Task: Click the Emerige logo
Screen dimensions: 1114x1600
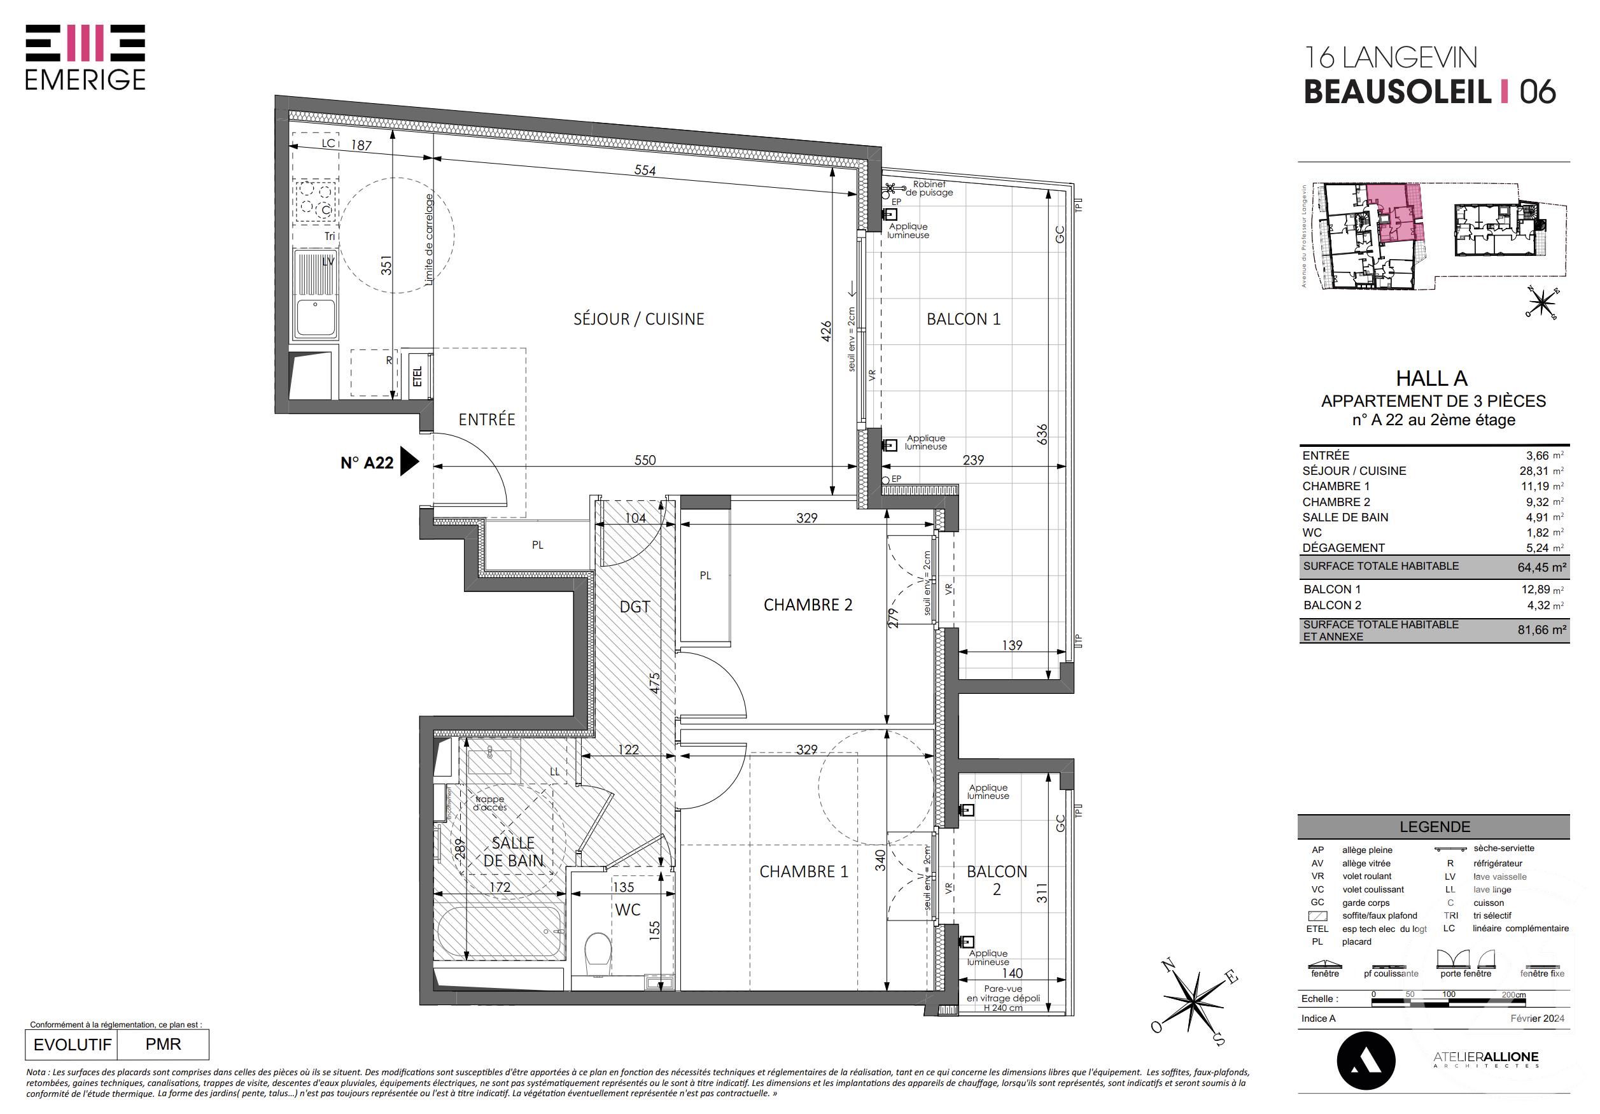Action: pos(85,57)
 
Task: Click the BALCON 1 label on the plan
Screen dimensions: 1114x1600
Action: pos(963,320)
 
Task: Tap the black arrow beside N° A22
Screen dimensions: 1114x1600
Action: pos(409,462)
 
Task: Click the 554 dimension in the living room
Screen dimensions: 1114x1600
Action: pos(645,170)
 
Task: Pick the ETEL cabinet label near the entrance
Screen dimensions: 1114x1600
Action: pos(418,376)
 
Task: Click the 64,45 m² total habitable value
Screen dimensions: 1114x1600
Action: pos(1541,567)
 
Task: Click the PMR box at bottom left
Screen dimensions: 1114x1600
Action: pos(163,1043)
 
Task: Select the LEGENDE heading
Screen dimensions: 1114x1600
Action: pos(1434,827)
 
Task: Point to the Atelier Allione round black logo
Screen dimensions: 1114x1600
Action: pos(1365,1061)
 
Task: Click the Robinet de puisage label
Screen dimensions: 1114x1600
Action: pos(928,188)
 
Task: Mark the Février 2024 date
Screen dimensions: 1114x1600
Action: pos(1536,1018)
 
